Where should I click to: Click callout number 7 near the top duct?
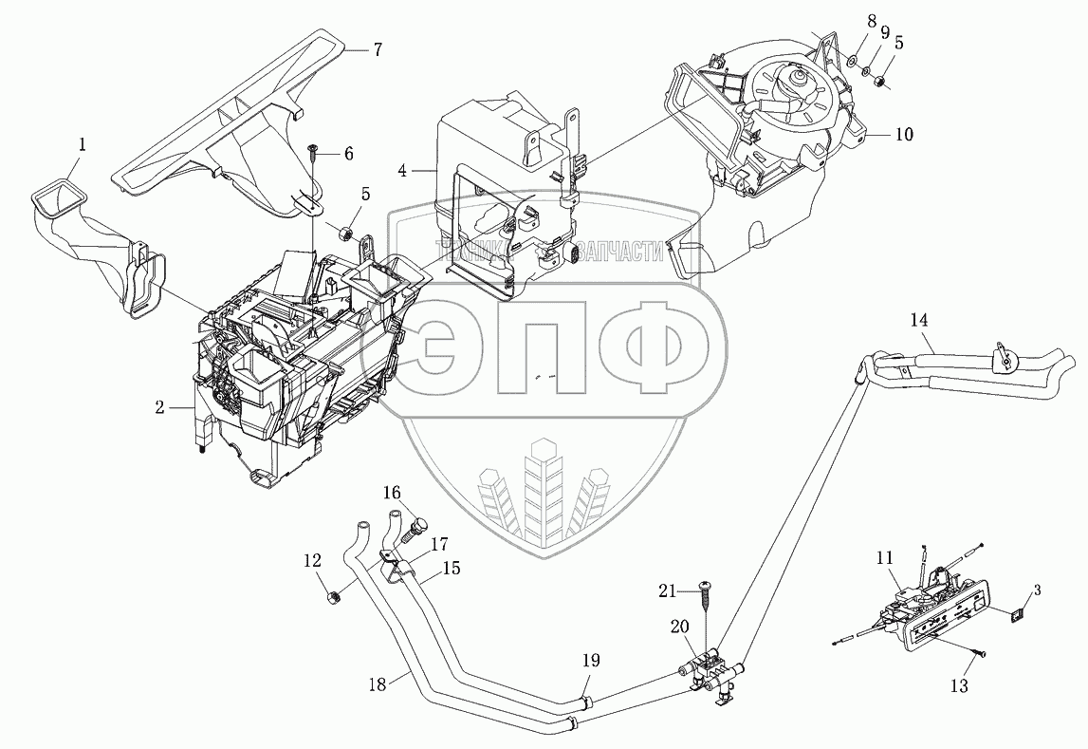point(377,49)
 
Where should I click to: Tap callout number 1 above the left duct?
point(83,144)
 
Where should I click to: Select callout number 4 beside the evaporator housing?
point(403,171)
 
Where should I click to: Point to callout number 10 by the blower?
point(902,135)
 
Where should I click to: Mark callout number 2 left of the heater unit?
point(161,408)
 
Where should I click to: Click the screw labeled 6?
point(312,149)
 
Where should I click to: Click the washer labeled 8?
point(852,62)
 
